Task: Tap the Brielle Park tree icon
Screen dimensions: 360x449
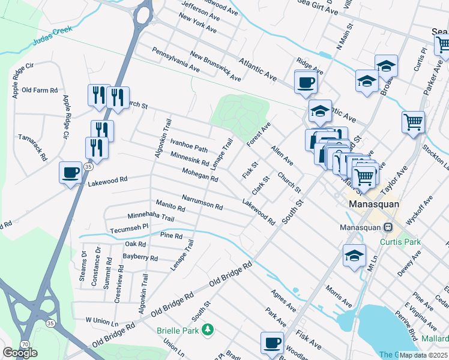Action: (208, 330)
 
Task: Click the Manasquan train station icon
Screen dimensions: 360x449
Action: (388, 227)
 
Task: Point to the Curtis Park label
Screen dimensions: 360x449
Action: (401, 242)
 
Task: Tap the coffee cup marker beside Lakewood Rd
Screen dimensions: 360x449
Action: (70, 173)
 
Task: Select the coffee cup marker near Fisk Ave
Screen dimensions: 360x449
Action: (272, 343)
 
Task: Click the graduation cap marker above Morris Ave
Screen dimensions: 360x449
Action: (354, 255)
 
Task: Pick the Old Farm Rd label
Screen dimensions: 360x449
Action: (39, 90)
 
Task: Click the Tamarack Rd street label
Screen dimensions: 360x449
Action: (32, 148)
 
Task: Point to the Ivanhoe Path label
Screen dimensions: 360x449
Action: (188, 145)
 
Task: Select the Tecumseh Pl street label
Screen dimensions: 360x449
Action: (128, 229)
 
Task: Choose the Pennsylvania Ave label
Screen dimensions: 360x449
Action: (175, 60)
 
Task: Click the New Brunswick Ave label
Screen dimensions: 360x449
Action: (215, 66)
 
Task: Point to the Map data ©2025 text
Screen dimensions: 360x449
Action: (424, 355)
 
